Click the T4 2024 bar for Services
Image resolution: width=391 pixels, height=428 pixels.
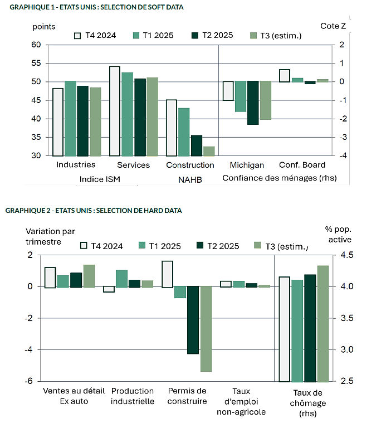[x=115, y=111]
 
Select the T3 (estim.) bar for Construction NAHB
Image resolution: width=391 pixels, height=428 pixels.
[x=209, y=151]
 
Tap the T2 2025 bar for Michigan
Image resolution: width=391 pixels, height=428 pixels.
[x=253, y=103]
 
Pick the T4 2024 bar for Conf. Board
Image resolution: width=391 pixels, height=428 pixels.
[x=285, y=76]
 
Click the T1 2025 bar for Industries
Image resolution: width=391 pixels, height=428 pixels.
[x=70, y=119]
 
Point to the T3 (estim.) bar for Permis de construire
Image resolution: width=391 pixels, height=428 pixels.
[x=206, y=329]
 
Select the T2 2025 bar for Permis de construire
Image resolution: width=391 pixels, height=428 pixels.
[x=193, y=320]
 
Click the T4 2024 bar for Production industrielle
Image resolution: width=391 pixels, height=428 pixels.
[x=109, y=289]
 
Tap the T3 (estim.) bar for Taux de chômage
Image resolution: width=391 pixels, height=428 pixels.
[x=323, y=323]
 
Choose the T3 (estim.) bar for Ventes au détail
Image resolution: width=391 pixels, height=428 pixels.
[x=89, y=276]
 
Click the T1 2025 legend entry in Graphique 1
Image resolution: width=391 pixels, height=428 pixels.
[x=153, y=36]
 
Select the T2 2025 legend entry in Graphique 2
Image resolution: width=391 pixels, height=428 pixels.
[x=218, y=246]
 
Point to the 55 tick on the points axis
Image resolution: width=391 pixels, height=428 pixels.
[x=36, y=63]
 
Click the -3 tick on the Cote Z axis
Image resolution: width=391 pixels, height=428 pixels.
[x=343, y=137]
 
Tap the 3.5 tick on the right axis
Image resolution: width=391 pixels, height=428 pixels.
[x=347, y=318]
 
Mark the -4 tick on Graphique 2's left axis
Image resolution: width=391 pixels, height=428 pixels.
[x=28, y=349]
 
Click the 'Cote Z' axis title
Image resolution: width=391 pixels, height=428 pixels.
[x=333, y=26]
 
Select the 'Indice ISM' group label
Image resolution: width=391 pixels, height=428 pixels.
[x=100, y=179]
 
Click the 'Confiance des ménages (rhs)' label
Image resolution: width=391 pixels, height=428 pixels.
[x=280, y=178]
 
